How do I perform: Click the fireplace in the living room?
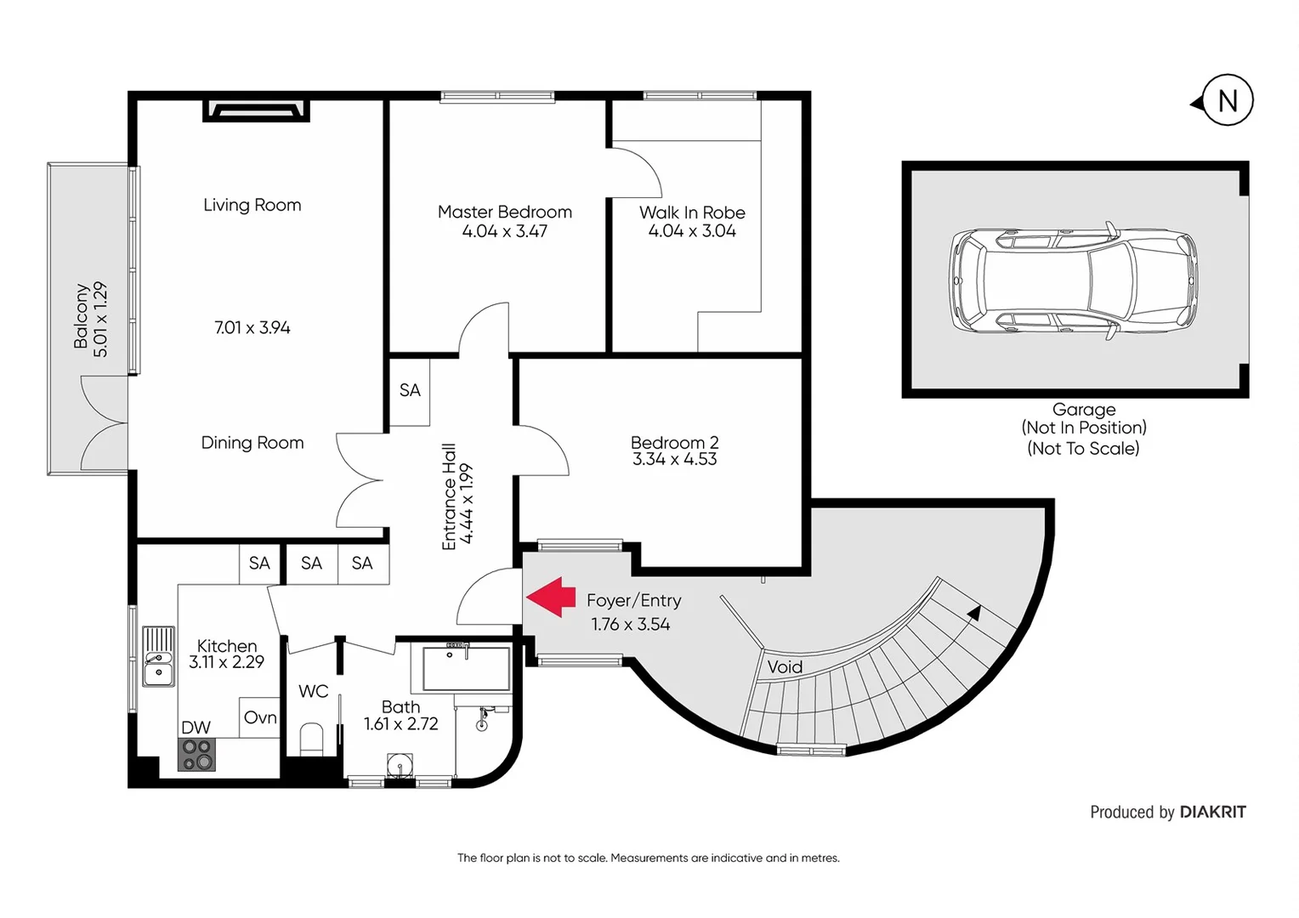256,110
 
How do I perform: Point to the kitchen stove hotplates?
196,754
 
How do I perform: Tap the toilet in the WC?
312,739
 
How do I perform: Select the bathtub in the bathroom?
466,669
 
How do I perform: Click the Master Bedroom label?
504,212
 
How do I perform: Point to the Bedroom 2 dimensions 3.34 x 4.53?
674,460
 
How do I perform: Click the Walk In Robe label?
692,212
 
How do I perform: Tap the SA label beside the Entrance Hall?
410,390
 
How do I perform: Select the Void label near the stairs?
785,667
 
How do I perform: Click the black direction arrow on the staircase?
974,612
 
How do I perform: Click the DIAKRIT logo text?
1212,812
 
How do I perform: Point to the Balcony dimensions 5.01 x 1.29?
100,319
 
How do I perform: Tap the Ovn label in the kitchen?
260,717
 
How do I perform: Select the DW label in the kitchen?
196,728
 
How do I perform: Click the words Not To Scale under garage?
1083,448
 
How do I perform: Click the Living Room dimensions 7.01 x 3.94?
252,327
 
